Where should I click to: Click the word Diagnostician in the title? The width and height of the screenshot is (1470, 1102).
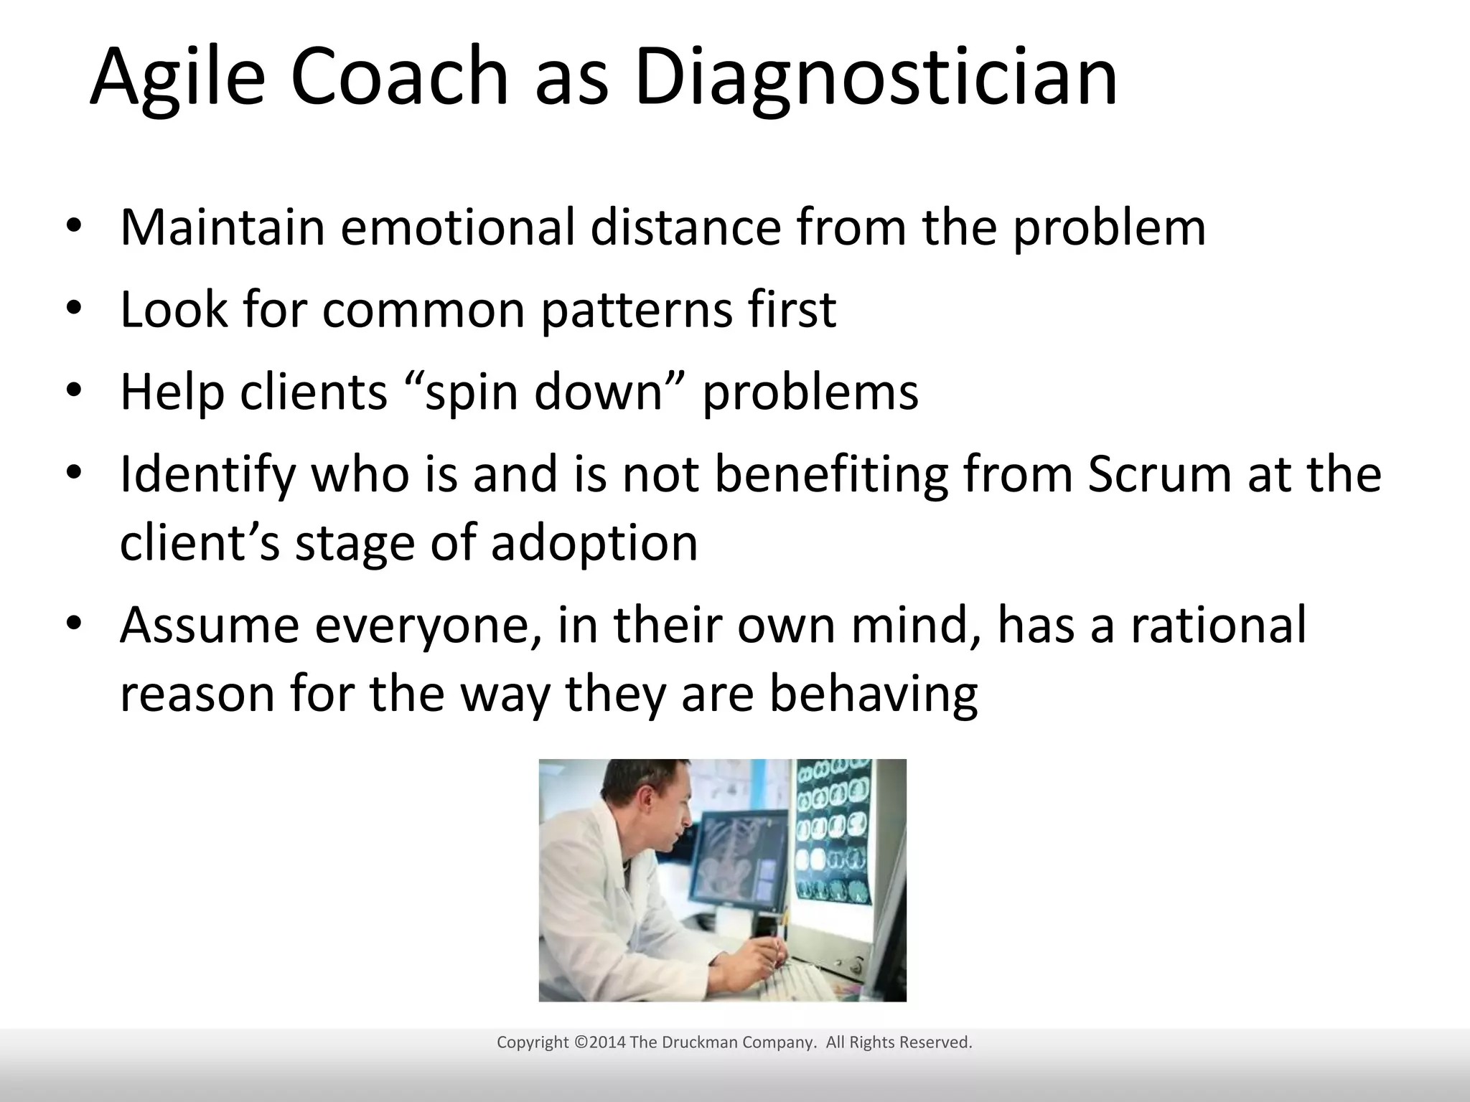tap(876, 77)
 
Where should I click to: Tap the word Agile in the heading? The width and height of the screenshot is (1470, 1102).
tap(177, 77)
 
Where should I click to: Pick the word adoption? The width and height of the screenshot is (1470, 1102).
tap(594, 543)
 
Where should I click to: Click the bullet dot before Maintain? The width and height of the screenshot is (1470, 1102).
tap(75, 227)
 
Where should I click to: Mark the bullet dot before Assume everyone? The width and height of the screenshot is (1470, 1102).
tap(75, 625)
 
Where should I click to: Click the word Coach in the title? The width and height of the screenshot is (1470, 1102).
tap(398, 77)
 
